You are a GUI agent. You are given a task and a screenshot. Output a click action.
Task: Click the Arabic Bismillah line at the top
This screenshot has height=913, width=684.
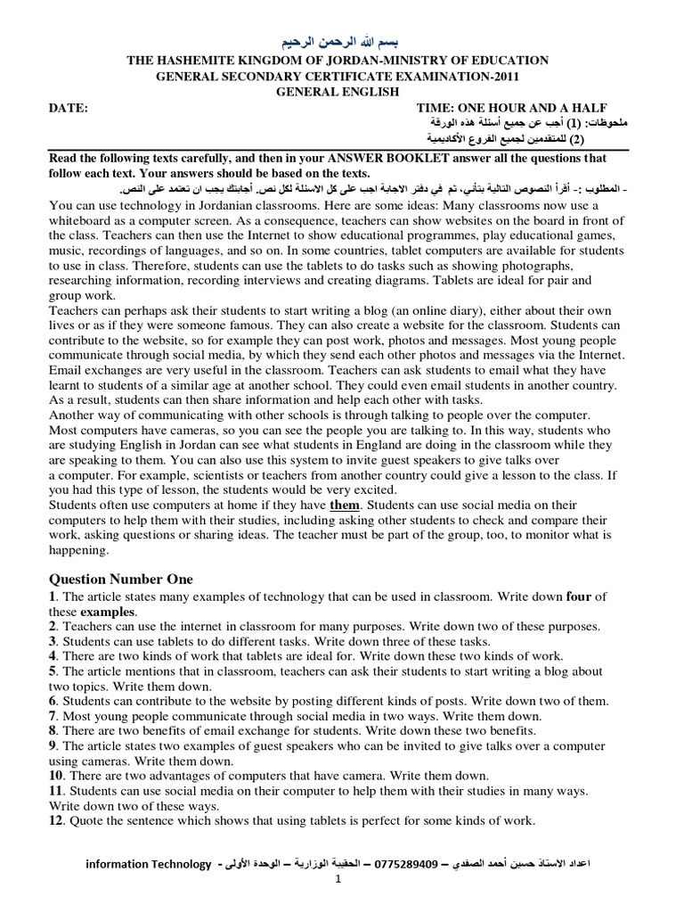(x=342, y=42)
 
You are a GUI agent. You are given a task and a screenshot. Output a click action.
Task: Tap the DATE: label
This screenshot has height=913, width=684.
(x=69, y=108)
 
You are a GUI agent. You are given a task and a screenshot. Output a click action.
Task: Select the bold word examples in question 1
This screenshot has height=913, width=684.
(x=109, y=612)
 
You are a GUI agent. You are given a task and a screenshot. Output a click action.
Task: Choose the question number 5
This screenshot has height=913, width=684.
(x=53, y=671)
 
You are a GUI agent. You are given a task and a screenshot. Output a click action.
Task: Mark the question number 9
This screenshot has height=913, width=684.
(x=53, y=746)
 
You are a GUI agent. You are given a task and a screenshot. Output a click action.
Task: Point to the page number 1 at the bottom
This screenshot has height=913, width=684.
(x=338, y=879)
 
